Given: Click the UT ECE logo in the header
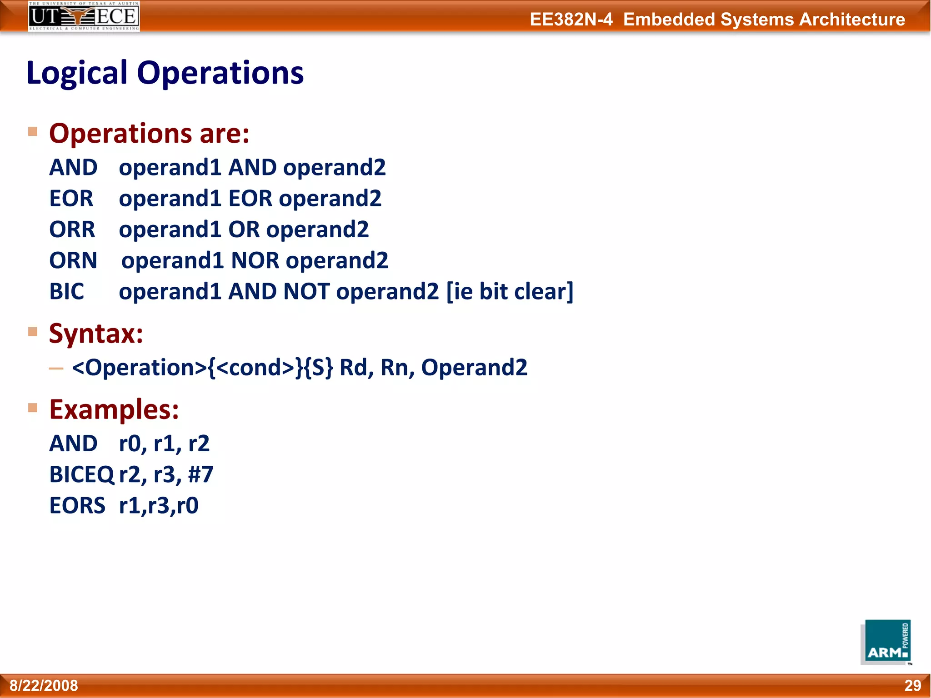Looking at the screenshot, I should point(84,16).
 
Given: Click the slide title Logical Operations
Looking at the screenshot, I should point(165,73).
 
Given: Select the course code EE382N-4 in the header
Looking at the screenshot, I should point(571,20).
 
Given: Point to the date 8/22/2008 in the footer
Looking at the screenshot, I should point(44,685).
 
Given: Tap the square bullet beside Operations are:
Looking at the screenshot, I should point(33,132).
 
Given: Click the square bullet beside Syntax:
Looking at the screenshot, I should point(33,332).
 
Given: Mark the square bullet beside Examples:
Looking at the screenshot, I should point(33,408).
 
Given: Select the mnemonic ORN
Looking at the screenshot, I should point(73,260).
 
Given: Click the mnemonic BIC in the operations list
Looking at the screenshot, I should point(67,291).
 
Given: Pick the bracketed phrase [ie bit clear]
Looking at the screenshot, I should point(510,291).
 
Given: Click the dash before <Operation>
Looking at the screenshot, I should point(56,369).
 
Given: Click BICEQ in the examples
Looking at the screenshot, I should point(81,474).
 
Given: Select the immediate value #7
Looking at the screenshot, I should point(200,474).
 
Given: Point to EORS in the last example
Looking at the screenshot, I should point(77,505).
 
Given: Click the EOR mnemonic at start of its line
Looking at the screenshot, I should point(71,199).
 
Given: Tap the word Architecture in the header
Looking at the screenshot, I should point(852,20).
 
